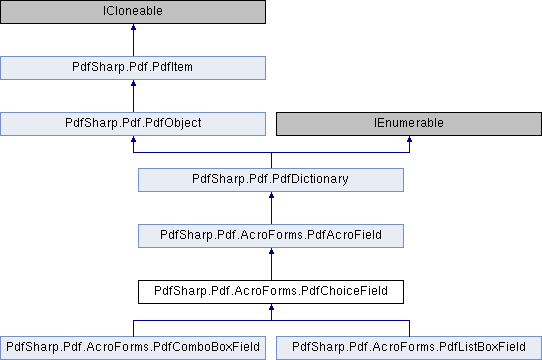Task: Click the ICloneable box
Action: (x=133, y=12)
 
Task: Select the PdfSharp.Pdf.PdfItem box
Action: (x=133, y=68)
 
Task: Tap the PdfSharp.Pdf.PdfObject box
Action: (x=133, y=124)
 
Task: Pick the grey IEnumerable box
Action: (x=409, y=124)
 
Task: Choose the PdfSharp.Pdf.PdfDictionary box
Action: (x=271, y=180)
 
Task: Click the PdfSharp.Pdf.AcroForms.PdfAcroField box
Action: (x=271, y=236)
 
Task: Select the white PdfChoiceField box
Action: (x=271, y=292)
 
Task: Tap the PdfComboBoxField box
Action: (x=133, y=348)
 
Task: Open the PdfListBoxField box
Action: (x=409, y=348)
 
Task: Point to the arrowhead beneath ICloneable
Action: (x=133, y=30)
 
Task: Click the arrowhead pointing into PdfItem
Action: (x=133, y=86)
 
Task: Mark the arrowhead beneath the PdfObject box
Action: (x=133, y=142)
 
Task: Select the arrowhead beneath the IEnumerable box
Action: (x=409, y=142)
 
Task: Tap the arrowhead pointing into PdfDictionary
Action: (x=271, y=198)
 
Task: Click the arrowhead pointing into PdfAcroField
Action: (x=271, y=254)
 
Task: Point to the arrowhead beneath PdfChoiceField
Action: (x=271, y=310)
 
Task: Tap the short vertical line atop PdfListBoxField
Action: (x=409, y=328)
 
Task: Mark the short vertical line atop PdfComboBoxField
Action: (x=133, y=328)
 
